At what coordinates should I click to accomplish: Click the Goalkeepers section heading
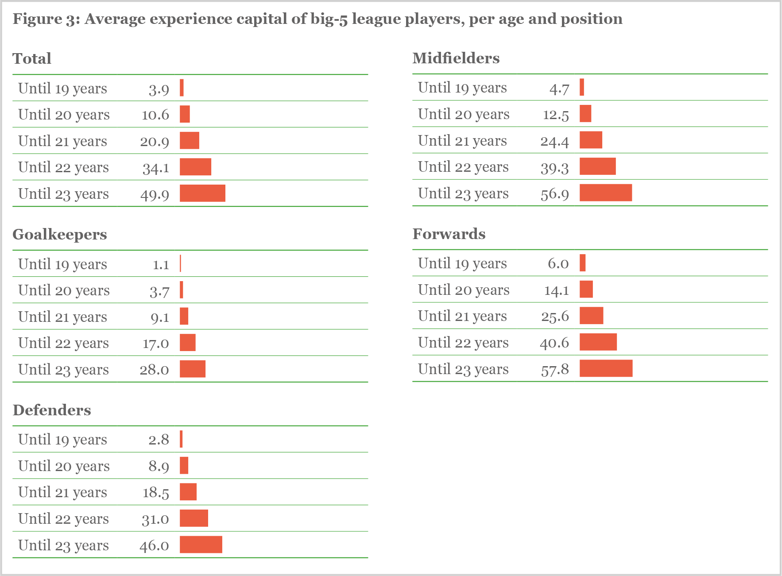(x=60, y=234)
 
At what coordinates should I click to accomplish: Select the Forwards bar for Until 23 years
(x=606, y=368)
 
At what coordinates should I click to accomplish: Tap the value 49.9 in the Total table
(x=155, y=194)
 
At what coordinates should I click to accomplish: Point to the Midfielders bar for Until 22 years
(x=597, y=166)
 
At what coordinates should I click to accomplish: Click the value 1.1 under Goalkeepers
(x=161, y=265)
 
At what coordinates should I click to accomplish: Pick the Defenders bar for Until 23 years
(x=201, y=545)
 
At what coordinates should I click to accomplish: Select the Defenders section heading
(x=52, y=410)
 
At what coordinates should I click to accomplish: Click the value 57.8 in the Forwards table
(x=554, y=369)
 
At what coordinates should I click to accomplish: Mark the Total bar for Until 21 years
(x=189, y=140)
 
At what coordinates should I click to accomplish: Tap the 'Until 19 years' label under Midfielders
(x=462, y=88)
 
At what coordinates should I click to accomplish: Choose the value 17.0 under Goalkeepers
(x=155, y=344)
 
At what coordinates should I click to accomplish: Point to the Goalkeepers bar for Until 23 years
(x=192, y=369)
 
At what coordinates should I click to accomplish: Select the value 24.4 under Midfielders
(x=554, y=141)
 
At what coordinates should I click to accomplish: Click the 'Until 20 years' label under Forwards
(x=464, y=290)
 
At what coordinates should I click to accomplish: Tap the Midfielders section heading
(x=456, y=58)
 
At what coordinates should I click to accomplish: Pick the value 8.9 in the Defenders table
(x=159, y=466)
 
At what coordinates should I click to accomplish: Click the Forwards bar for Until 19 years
(x=582, y=263)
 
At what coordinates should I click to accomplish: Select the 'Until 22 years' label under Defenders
(x=63, y=518)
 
